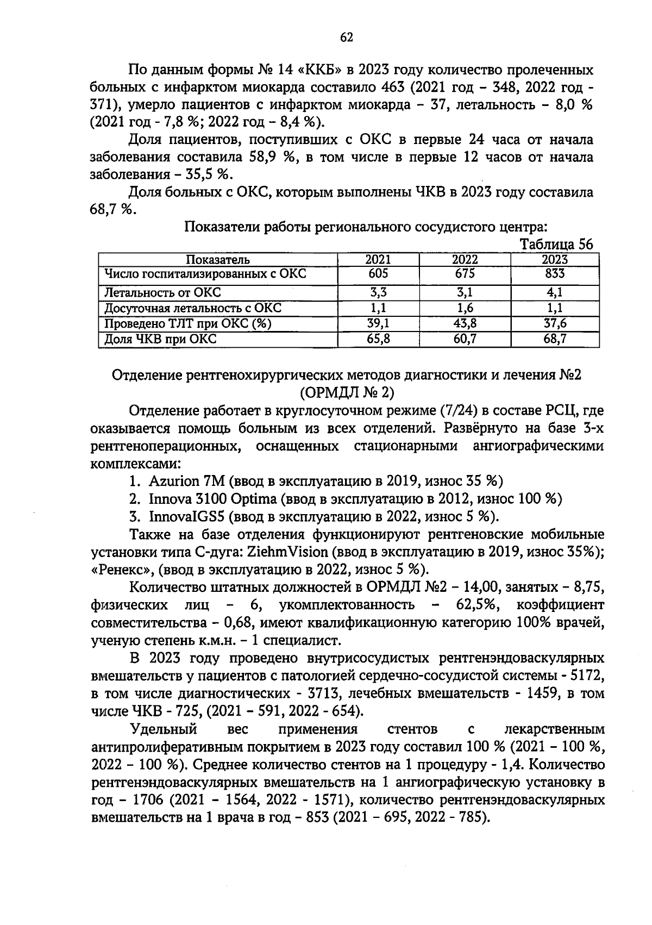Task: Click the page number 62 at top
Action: (347, 37)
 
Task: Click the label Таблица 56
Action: (556, 244)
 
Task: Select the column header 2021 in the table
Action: (378, 260)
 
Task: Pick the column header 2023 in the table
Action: (555, 260)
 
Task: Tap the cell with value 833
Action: (555, 273)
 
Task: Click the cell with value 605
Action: (378, 273)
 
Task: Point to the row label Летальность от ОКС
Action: (162, 292)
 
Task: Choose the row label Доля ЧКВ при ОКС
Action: (160, 339)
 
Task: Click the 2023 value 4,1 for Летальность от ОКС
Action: (555, 292)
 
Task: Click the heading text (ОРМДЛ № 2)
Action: (347, 392)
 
